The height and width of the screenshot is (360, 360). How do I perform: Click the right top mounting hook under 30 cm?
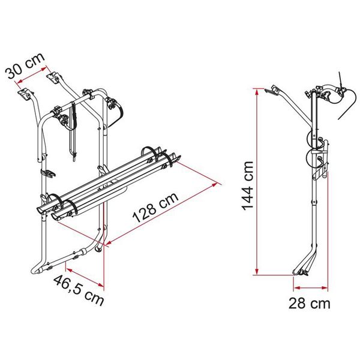(53, 79)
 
